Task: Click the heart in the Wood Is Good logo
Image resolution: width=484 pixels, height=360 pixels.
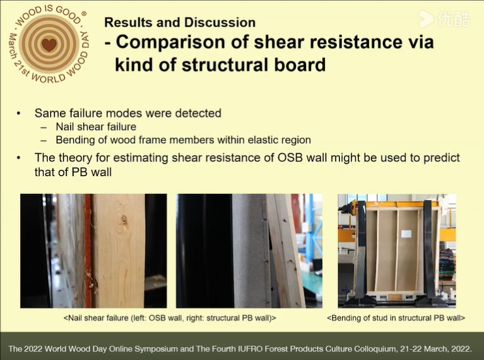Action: click(49, 44)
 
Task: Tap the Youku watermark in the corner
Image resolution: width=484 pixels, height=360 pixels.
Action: click(444, 19)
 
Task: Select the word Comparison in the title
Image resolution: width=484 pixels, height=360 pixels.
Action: click(171, 42)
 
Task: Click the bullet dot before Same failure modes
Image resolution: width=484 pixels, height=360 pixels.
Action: click(19, 114)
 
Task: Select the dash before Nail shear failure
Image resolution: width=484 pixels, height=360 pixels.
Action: click(44, 128)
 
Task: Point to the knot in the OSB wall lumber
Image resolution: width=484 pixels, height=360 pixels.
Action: click(124, 220)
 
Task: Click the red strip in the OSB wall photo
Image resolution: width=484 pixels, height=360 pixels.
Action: click(88, 251)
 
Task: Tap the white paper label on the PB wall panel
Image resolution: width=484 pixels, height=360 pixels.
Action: click(406, 234)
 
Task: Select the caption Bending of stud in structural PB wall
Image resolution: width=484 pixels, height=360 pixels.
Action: click(396, 318)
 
